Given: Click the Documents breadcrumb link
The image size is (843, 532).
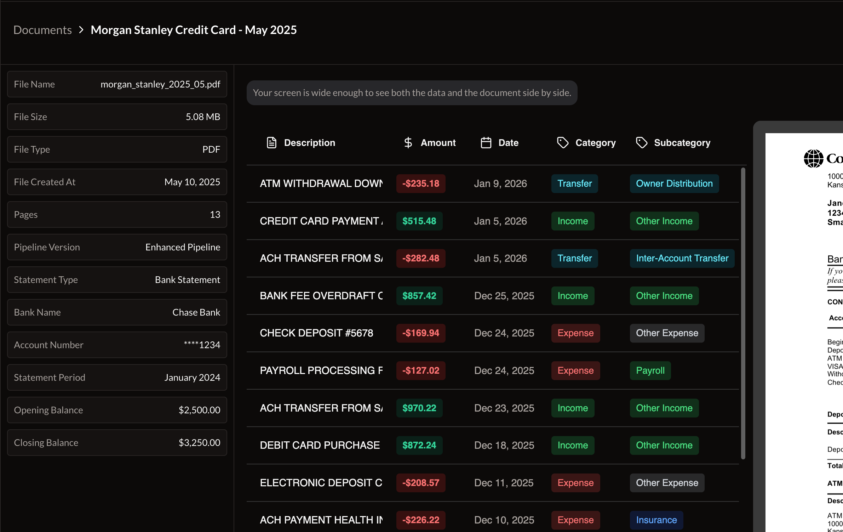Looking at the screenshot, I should pos(42,30).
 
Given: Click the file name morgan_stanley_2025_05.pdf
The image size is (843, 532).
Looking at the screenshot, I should pos(160,84).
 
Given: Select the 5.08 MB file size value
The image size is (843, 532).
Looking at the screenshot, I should pos(203,117).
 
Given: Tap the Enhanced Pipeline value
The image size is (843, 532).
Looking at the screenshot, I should pos(183,247).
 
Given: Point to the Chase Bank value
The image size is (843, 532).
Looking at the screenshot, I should pos(196,312).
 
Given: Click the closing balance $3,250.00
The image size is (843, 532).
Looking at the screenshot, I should pos(199,443).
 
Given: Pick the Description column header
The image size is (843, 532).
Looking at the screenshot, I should pos(309,143).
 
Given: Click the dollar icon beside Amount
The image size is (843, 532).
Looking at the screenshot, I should pos(408,143).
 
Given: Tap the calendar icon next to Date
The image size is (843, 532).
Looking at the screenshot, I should pos(486,143).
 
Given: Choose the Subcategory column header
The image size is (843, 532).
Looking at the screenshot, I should pos(682,143).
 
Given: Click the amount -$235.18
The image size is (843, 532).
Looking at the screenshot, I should pos(421,183).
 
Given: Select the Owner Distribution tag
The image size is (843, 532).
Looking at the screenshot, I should pos(674,183).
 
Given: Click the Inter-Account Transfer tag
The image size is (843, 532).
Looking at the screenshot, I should pos(682,258).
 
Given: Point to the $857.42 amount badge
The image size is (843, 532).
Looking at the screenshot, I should pos(419,296).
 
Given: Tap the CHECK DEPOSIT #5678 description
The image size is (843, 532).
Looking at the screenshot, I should pos(316,333).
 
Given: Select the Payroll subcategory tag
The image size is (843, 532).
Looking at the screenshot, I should pos(650,370).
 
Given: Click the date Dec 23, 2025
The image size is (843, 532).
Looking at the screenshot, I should pos(504,408).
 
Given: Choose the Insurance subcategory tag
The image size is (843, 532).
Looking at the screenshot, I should pos(656,520).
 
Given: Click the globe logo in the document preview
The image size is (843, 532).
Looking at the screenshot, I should pos(813,158).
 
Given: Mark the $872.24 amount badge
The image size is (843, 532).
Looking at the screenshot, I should pos(419,445).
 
